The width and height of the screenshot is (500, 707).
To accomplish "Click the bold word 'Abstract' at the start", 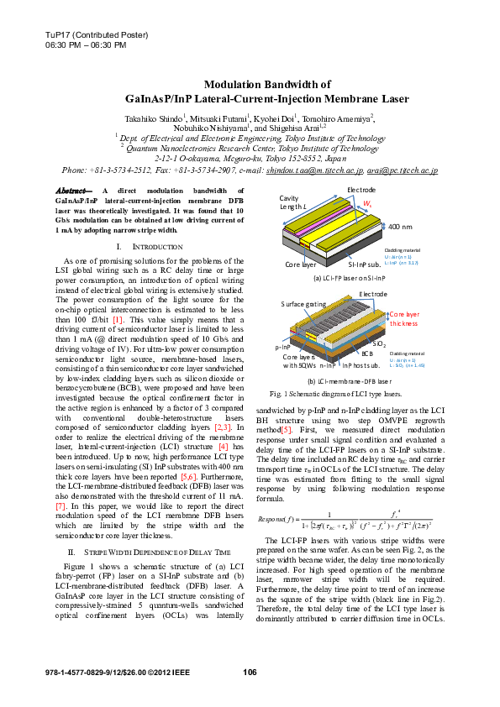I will (72, 192).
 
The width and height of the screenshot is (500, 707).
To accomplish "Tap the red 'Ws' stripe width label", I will (367, 204).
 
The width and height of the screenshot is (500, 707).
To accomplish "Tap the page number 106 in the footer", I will (250, 673).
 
